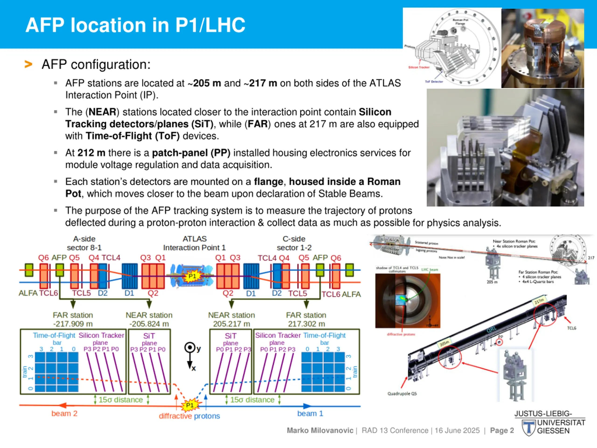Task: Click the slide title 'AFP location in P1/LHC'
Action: point(135,25)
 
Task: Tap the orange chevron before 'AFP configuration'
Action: point(28,64)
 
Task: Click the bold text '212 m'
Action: point(91,153)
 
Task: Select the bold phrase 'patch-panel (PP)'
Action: point(191,153)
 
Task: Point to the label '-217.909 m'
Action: point(73,324)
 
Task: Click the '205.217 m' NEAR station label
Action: point(231,324)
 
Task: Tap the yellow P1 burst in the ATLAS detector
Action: point(192,276)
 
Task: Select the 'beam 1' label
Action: point(310,413)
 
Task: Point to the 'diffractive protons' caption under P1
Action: point(189,416)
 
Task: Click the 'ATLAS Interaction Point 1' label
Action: point(194,243)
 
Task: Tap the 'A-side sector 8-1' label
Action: point(84,243)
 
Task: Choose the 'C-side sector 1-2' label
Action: point(294,243)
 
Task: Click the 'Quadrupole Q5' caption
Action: point(402,394)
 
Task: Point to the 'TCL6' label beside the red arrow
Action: point(571,328)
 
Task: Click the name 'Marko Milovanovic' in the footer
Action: point(320,430)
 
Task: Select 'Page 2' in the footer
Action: point(502,430)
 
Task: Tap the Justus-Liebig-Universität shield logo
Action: point(528,428)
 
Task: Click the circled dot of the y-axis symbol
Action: point(190,347)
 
